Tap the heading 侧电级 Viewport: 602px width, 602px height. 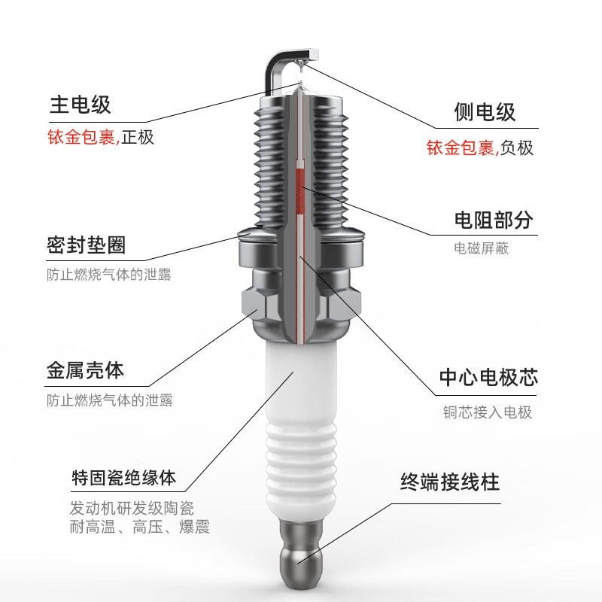[485, 112]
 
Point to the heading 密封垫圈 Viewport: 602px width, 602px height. [85, 245]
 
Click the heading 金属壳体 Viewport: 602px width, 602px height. [85, 371]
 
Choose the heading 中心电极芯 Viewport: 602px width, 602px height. [488, 378]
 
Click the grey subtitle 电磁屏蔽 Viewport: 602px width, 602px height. [482, 248]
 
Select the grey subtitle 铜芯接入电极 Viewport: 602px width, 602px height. [487, 412]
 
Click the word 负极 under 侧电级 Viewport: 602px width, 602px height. [517, 147]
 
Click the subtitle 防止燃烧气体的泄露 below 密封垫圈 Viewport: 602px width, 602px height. [109, 275]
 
